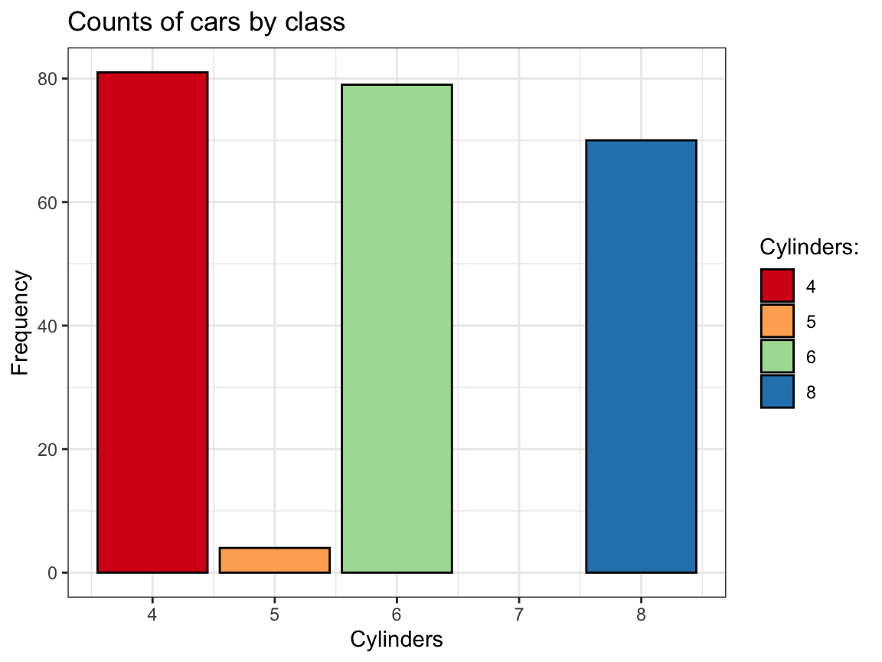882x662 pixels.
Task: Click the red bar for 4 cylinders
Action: pyautogui.click(x=152, y=322)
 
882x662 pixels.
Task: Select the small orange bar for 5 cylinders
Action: pyautogui.click(x=274, y=560)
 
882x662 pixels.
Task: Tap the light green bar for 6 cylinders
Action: pyautogui.click(x=397, y=328)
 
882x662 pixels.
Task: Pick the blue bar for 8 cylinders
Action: pyautogui.click(x=641, y=356)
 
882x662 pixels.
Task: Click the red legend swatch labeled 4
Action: pyautogui.click(x=777, y=286)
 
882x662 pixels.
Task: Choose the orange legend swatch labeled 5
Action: pyautogui.click(x=777, y=321)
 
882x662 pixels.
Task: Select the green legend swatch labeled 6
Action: pyautogui.click(x=777, y=356)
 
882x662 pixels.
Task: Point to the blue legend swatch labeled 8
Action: pyautogui.click(x=777, y=392)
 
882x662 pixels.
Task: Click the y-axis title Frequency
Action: pyautogui.click(x=21, y=322)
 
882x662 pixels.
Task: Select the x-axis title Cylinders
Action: pyautogui.click(x=397, y=639)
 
